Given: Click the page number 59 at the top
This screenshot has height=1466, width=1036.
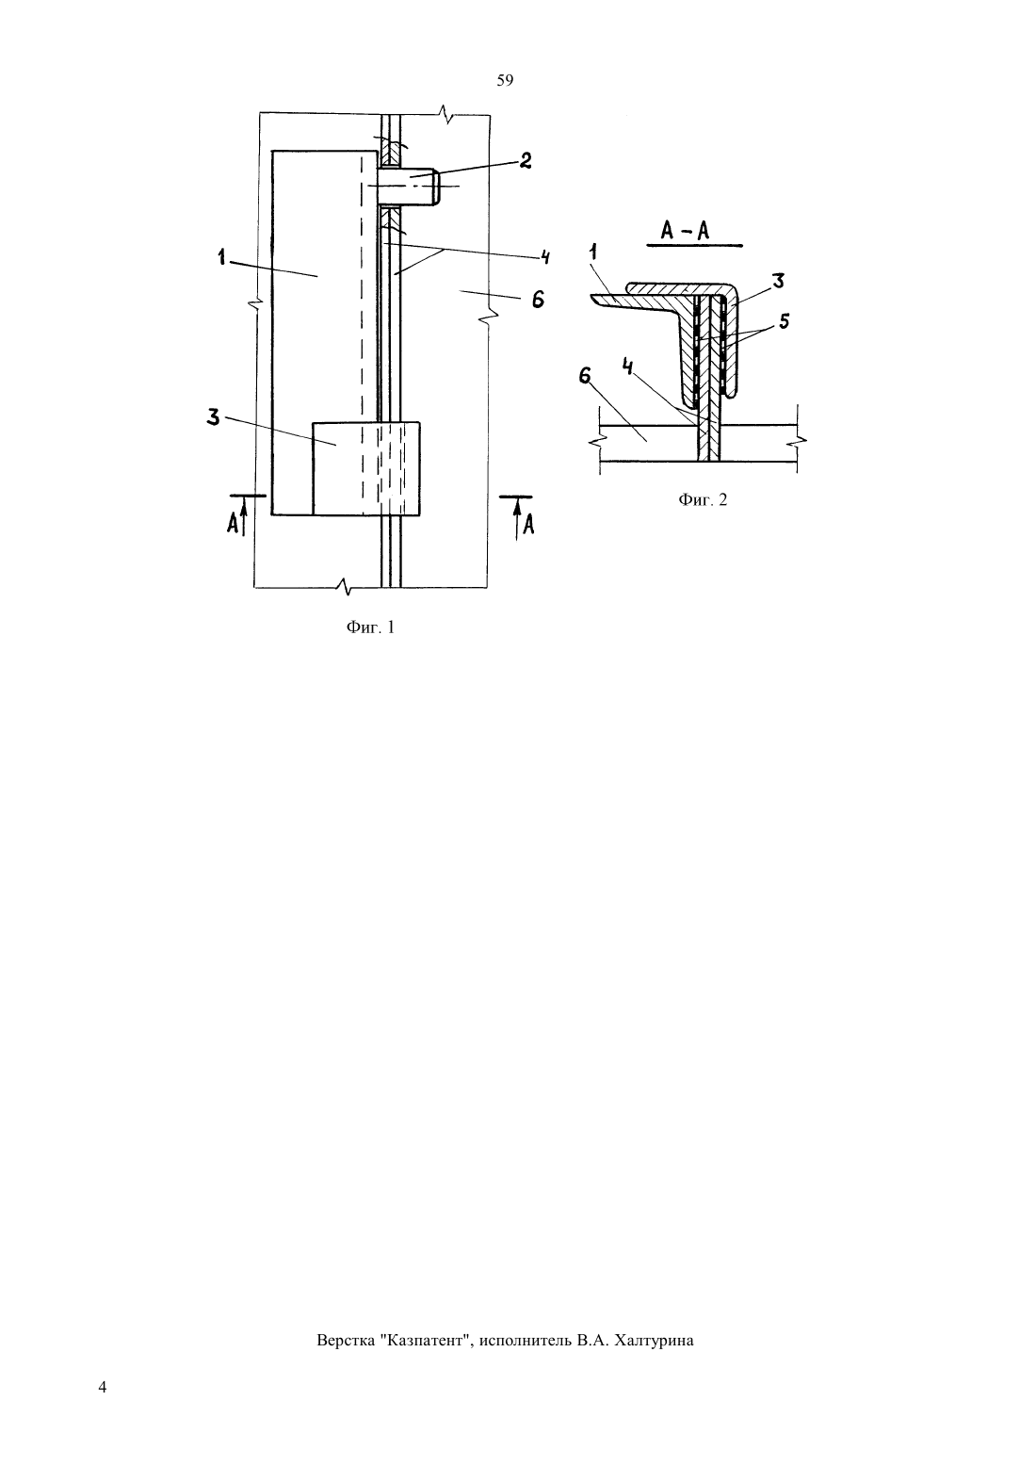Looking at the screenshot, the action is [505, 80].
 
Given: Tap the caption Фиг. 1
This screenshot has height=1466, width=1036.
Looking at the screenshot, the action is [370, 627].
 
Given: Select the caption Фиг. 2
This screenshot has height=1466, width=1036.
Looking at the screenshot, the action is [703, 500].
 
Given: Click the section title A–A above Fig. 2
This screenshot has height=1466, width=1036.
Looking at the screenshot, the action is [685, 231].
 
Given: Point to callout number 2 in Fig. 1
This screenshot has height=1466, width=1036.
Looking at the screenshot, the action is [525, 160].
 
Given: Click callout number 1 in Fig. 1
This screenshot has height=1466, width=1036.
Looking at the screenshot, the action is [223, 258].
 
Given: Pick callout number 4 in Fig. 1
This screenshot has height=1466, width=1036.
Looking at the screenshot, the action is [544, 256].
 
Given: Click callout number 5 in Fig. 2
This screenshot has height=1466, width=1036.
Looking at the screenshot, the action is [784, 321].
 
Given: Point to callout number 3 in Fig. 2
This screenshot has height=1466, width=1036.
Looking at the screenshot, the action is [778, 282].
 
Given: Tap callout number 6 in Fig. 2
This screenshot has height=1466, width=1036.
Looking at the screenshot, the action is [586, 376].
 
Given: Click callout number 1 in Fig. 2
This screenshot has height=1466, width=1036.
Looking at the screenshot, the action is [594, 252].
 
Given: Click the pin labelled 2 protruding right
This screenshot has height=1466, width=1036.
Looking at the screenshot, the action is [409, 187].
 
